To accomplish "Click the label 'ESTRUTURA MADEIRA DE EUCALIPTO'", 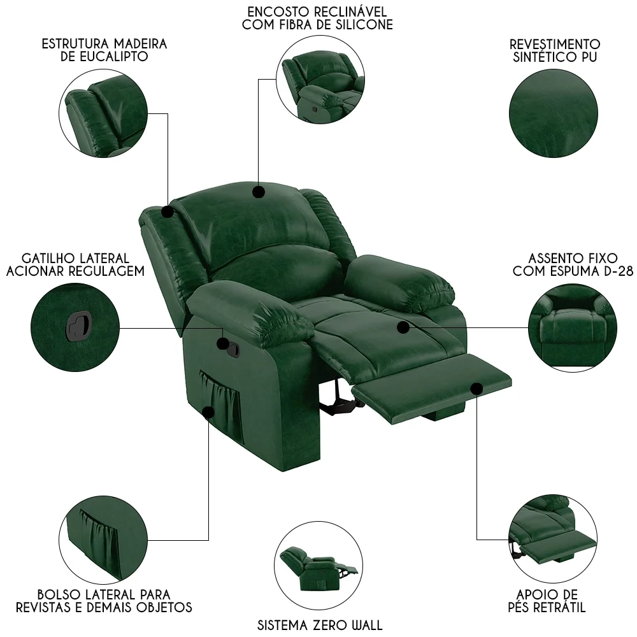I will click(104, 50).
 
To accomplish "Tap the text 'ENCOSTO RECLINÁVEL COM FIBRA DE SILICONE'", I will click(318, 19).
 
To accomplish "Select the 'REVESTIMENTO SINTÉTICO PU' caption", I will click(555, 50).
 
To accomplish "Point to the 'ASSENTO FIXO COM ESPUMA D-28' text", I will click(572, 265).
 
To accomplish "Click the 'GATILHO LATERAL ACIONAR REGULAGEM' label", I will click(75, 265).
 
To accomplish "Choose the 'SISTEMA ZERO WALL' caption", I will click(319, 625).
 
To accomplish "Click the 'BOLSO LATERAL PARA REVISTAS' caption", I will click(105, 600).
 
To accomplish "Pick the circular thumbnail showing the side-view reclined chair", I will click(319, 562).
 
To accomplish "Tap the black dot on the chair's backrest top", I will click(258, 191).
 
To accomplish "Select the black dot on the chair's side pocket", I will click(208, 412).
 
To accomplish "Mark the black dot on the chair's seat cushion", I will click(403, 327).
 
